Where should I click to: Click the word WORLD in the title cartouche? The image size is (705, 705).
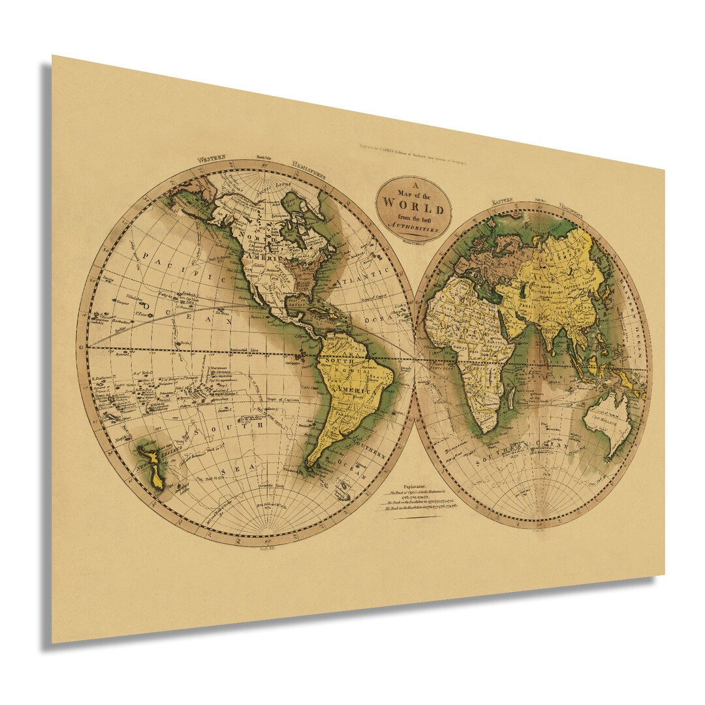(x=413, y=200)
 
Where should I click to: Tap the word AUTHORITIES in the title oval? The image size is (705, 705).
(x=412, y=225)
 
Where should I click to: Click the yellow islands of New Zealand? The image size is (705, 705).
(x=154, y=464)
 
